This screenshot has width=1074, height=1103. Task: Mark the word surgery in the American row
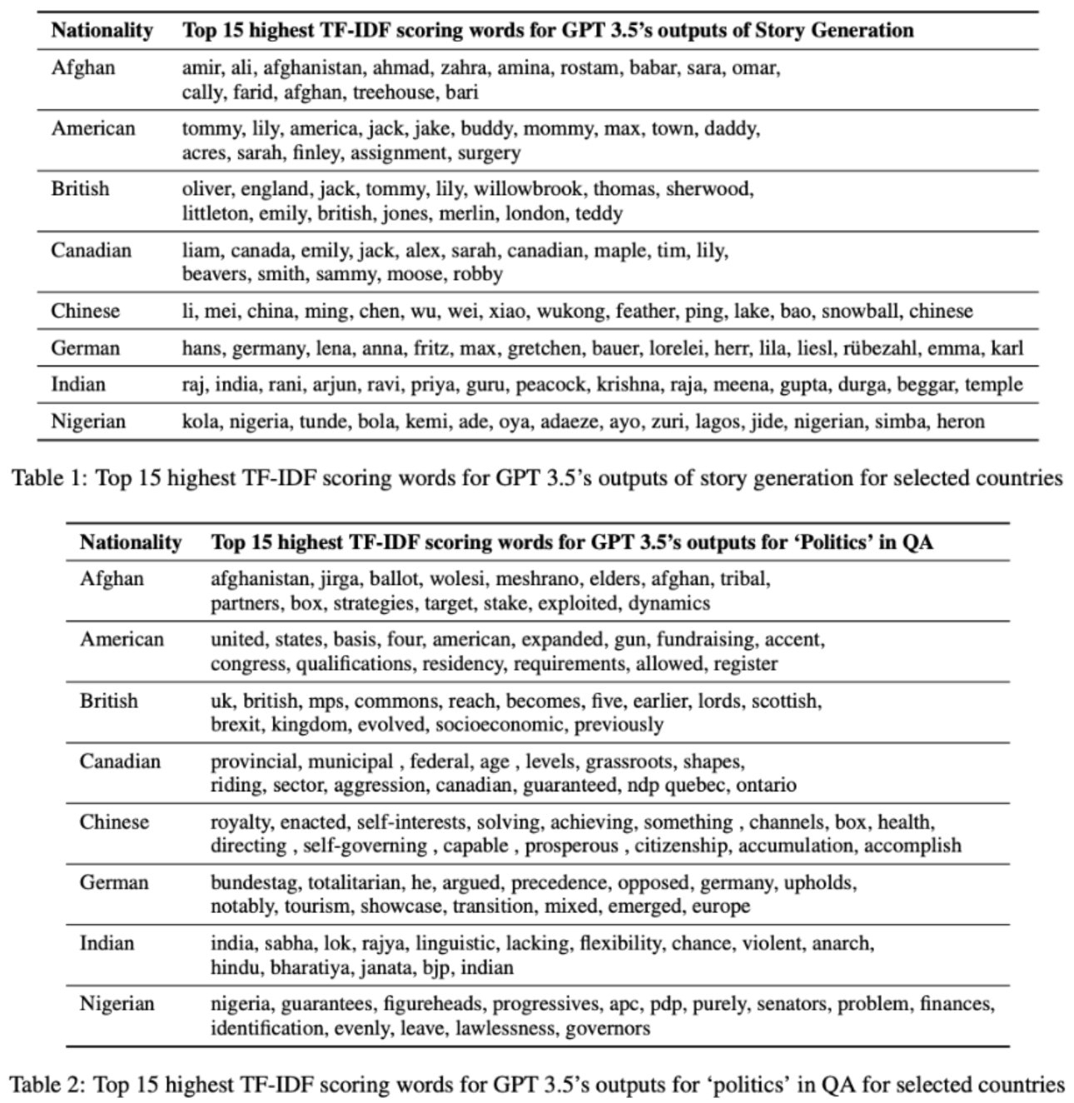point(489,153)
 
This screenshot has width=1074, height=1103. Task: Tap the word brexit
point(236,724)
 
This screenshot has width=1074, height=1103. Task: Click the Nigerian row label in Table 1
point(88,422)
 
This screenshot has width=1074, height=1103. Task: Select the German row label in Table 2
point(114,883)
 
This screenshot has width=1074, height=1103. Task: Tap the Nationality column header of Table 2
point(131,543)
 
